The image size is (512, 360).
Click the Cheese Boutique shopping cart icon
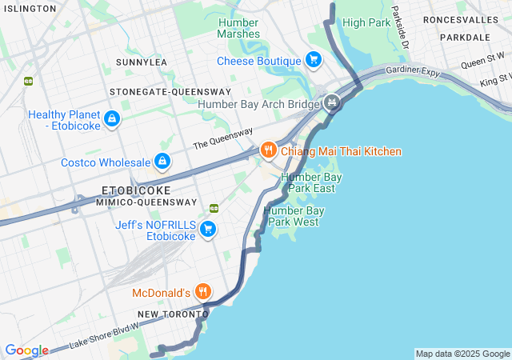coord(314,60)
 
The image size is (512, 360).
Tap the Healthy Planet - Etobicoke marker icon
coord(111,120)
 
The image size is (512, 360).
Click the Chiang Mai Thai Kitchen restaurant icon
coord(268,150)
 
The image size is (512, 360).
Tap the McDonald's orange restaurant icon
coord(204,292)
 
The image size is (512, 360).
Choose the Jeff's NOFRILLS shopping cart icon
coord(208,230)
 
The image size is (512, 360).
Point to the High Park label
coord(366,22)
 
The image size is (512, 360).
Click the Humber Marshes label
coord(238,28)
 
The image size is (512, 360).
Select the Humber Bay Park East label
coord(307,182)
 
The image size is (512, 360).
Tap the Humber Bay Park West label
coord(294,215)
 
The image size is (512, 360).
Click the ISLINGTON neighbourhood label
coord(28,8)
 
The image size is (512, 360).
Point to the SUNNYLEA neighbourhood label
coord(142,62)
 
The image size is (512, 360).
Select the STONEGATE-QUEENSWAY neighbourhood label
coord(159,91)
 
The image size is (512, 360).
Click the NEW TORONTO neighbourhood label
coord(166,314)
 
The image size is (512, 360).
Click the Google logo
coord(26,350)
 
